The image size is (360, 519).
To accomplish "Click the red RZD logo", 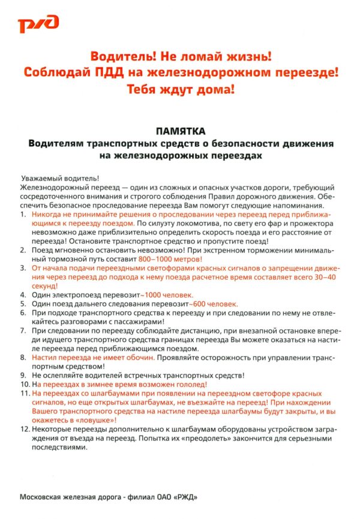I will tap(37, 25).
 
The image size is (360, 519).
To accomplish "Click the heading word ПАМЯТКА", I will tap(179, 131).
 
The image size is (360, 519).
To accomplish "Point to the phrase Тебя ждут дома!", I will tap(180, 89).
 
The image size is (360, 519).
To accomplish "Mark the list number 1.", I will tap(23, 214).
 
